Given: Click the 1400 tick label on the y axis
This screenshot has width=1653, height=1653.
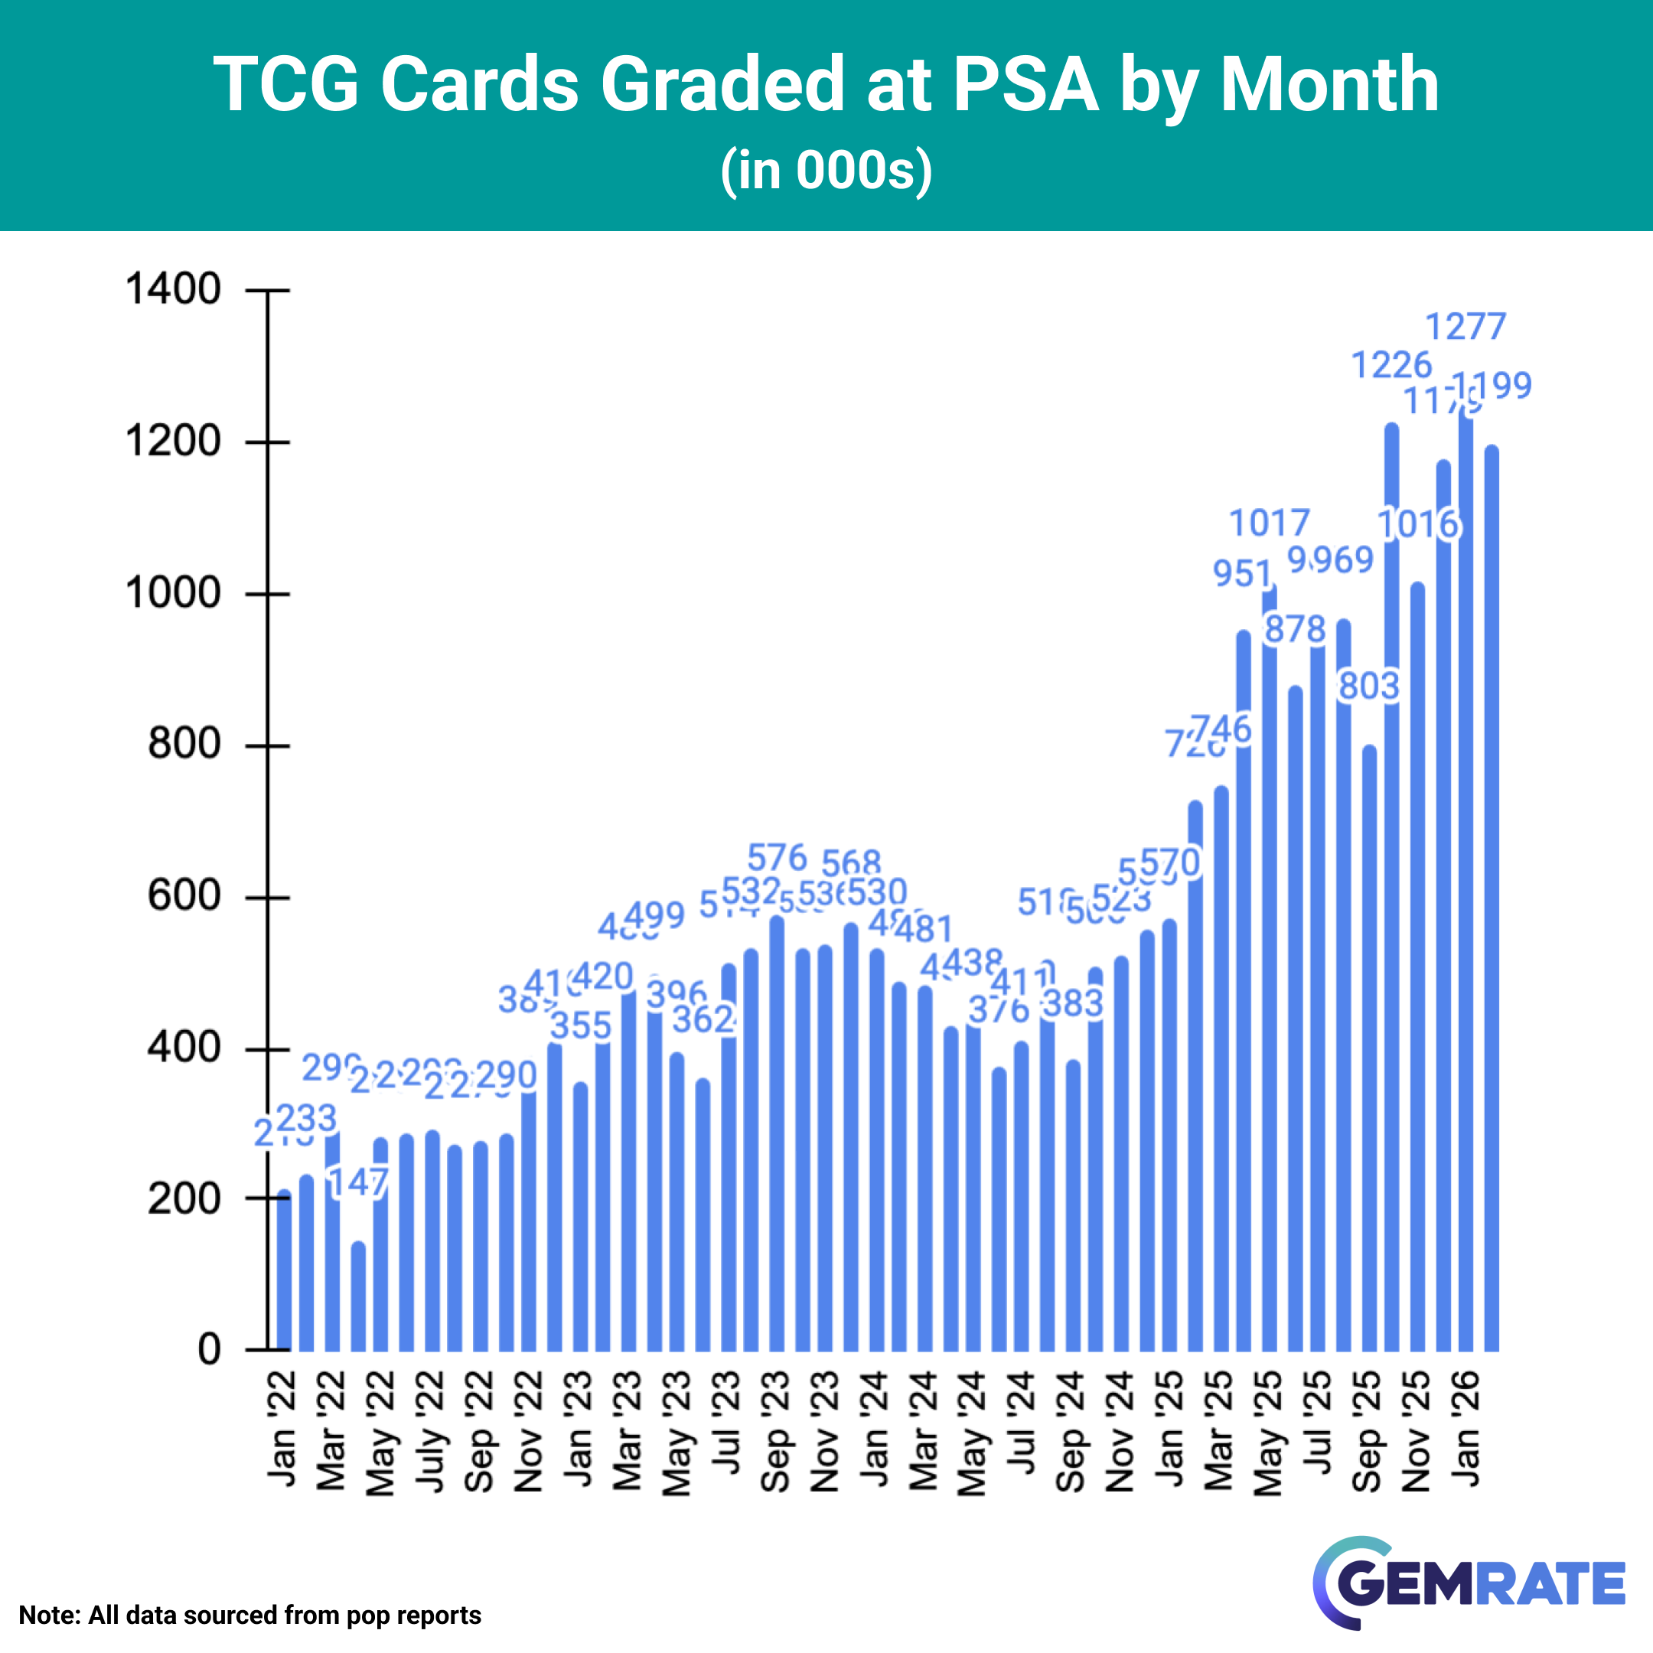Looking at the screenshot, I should point(173,289).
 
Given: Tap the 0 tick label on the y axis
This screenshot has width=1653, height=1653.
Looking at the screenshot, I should point(209,1349).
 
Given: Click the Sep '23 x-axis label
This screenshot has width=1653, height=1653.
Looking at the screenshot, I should point(775,1430).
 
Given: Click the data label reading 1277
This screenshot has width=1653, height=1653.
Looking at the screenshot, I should point(1465,327).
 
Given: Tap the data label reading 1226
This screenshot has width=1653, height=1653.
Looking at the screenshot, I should point(1391,365).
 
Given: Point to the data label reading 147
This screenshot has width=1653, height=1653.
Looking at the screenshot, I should point(358,1183).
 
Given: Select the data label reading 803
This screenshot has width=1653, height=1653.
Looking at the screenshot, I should point(1369,686).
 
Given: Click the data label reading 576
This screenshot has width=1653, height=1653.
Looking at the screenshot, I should point(777,857).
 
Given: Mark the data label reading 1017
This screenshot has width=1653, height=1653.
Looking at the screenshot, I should point(1270,523).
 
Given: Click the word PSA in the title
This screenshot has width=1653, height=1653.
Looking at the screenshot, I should point(1025,84).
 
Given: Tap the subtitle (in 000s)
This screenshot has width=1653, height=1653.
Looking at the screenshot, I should point(826,169).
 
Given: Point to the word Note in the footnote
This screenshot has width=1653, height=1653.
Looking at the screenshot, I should point(49,1616).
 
